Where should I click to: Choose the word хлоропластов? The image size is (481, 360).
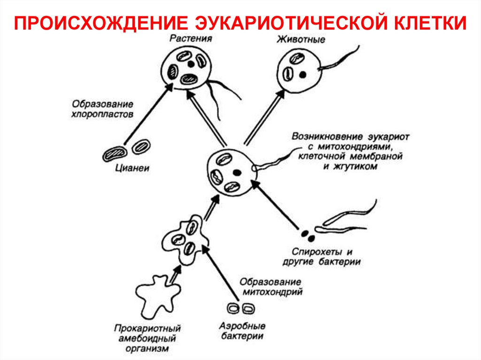[x=102, y=114]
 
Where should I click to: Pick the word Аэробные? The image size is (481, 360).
[x=242, y=325]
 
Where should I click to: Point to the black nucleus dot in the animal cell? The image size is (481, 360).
[x=303, y=74]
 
